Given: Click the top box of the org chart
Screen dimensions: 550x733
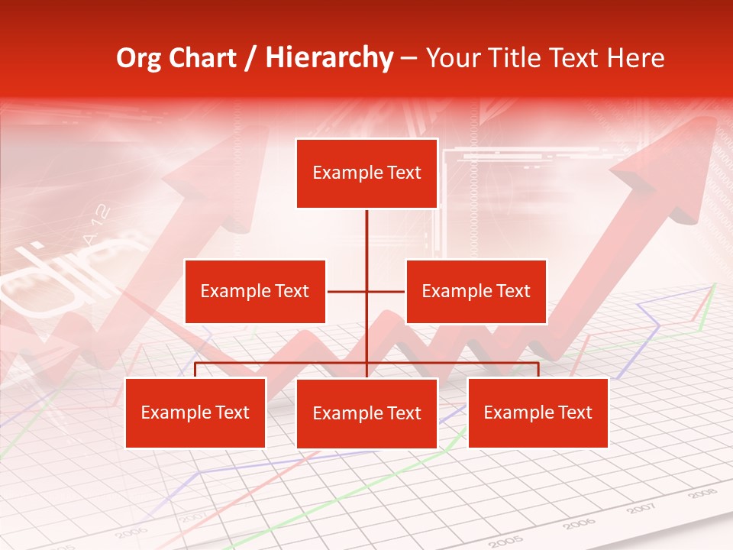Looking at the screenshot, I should (x=366, y=173).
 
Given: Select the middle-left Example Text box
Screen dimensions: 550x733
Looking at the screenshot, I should (x=255, y=291).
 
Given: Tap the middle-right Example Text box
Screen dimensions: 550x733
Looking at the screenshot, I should (x=476, y=291).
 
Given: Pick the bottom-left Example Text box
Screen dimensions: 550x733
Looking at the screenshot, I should (x=195, y=412).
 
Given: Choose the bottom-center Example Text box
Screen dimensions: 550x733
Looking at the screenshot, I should (x=366, y=413).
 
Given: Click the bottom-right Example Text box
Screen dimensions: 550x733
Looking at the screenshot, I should (x=538, y=412).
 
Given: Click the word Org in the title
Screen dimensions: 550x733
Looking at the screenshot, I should (x=138, y=58).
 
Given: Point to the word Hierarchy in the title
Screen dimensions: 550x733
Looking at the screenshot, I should (x=328, y=58).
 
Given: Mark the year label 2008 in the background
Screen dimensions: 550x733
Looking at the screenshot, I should (x=702, y=494).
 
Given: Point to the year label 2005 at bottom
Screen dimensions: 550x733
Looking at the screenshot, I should (x=508, y=541).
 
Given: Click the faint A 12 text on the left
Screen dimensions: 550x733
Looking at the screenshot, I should (x=97, y=225).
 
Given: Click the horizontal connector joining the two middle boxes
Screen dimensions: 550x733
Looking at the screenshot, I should (x=366, y=291).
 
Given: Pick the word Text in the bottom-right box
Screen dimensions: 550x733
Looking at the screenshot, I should (x=574, y=412).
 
